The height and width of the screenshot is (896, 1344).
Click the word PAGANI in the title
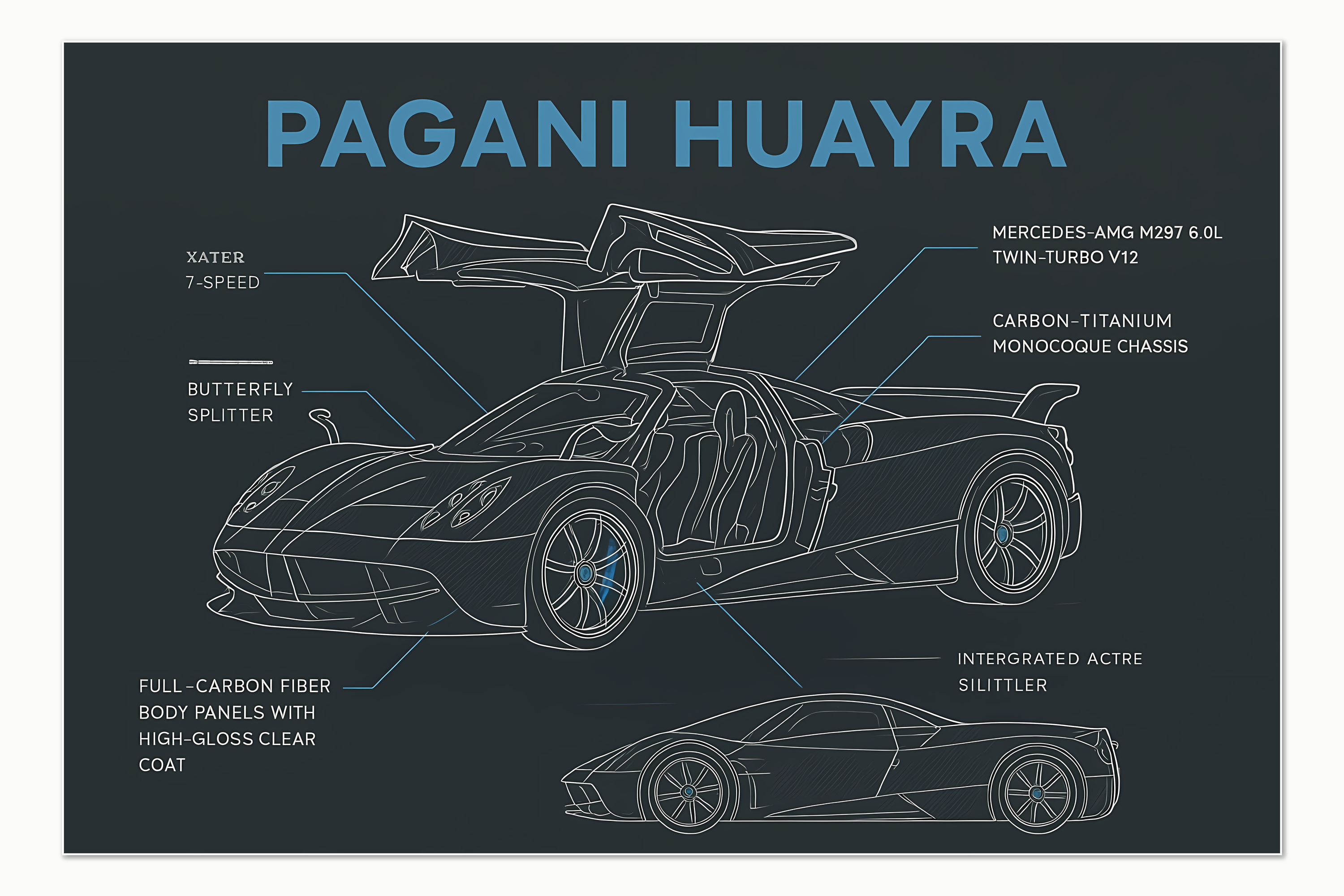pos(447,133)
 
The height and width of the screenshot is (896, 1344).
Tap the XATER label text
pos(215,258)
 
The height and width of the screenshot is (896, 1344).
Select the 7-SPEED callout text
pos(222,282)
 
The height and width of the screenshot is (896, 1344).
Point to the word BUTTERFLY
pos(240,389)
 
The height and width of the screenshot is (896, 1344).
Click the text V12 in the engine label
pos(1123,258)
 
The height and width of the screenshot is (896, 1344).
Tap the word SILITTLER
pos(1003,685)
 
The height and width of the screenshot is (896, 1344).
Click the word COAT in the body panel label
pos(162,765)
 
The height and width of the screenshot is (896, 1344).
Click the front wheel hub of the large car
pos(585,572)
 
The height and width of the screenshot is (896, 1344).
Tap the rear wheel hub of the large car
pos(1002,534)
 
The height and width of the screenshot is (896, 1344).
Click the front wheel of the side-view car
pos(689,792)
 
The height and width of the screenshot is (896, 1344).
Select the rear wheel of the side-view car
pos(1037,793)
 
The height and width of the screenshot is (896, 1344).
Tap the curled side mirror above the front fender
pos(324,424)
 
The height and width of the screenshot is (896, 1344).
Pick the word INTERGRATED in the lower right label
pos(1018,659)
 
